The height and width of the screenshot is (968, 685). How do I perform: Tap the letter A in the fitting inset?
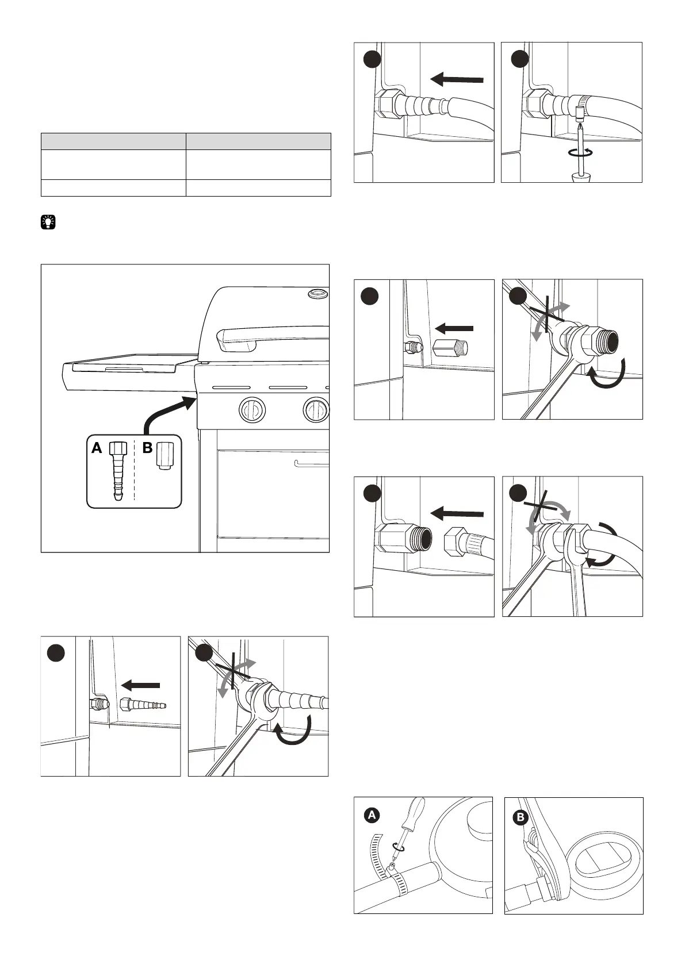coord(97,448)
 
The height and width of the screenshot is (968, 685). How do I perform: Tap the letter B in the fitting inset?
coord(147,448)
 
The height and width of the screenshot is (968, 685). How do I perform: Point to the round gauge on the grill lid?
coord(316,294)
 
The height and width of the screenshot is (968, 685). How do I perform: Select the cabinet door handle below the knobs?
coord(311,463)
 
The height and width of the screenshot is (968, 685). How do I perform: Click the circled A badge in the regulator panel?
coord(372,815)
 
